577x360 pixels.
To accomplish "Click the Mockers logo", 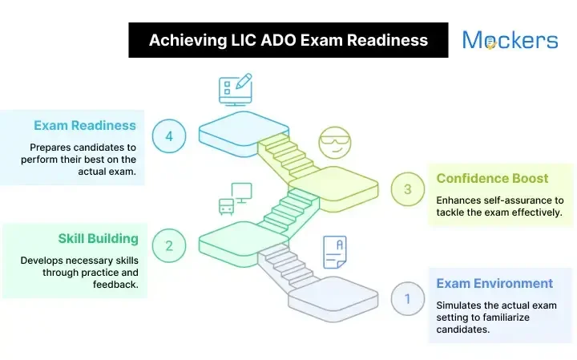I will click(x=510, y=40).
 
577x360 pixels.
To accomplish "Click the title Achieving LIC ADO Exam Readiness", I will click(x=288, y=40).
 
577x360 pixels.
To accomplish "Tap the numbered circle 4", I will click(x=169, y=136).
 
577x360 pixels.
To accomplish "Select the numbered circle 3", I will click(x=408, y=190).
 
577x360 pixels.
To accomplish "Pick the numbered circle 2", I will click(x=169, y=245).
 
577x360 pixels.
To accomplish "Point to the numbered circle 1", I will click(x=408, y=299).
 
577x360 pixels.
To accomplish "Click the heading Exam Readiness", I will click(x=85, y=126).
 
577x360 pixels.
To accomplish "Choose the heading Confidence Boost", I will click(x=492, y=178).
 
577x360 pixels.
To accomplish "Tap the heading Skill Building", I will click(x=98, y=238).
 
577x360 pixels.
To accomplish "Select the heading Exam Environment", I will click(x=494, y=283).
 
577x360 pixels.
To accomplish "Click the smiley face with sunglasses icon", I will click(x=335, y=143).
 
